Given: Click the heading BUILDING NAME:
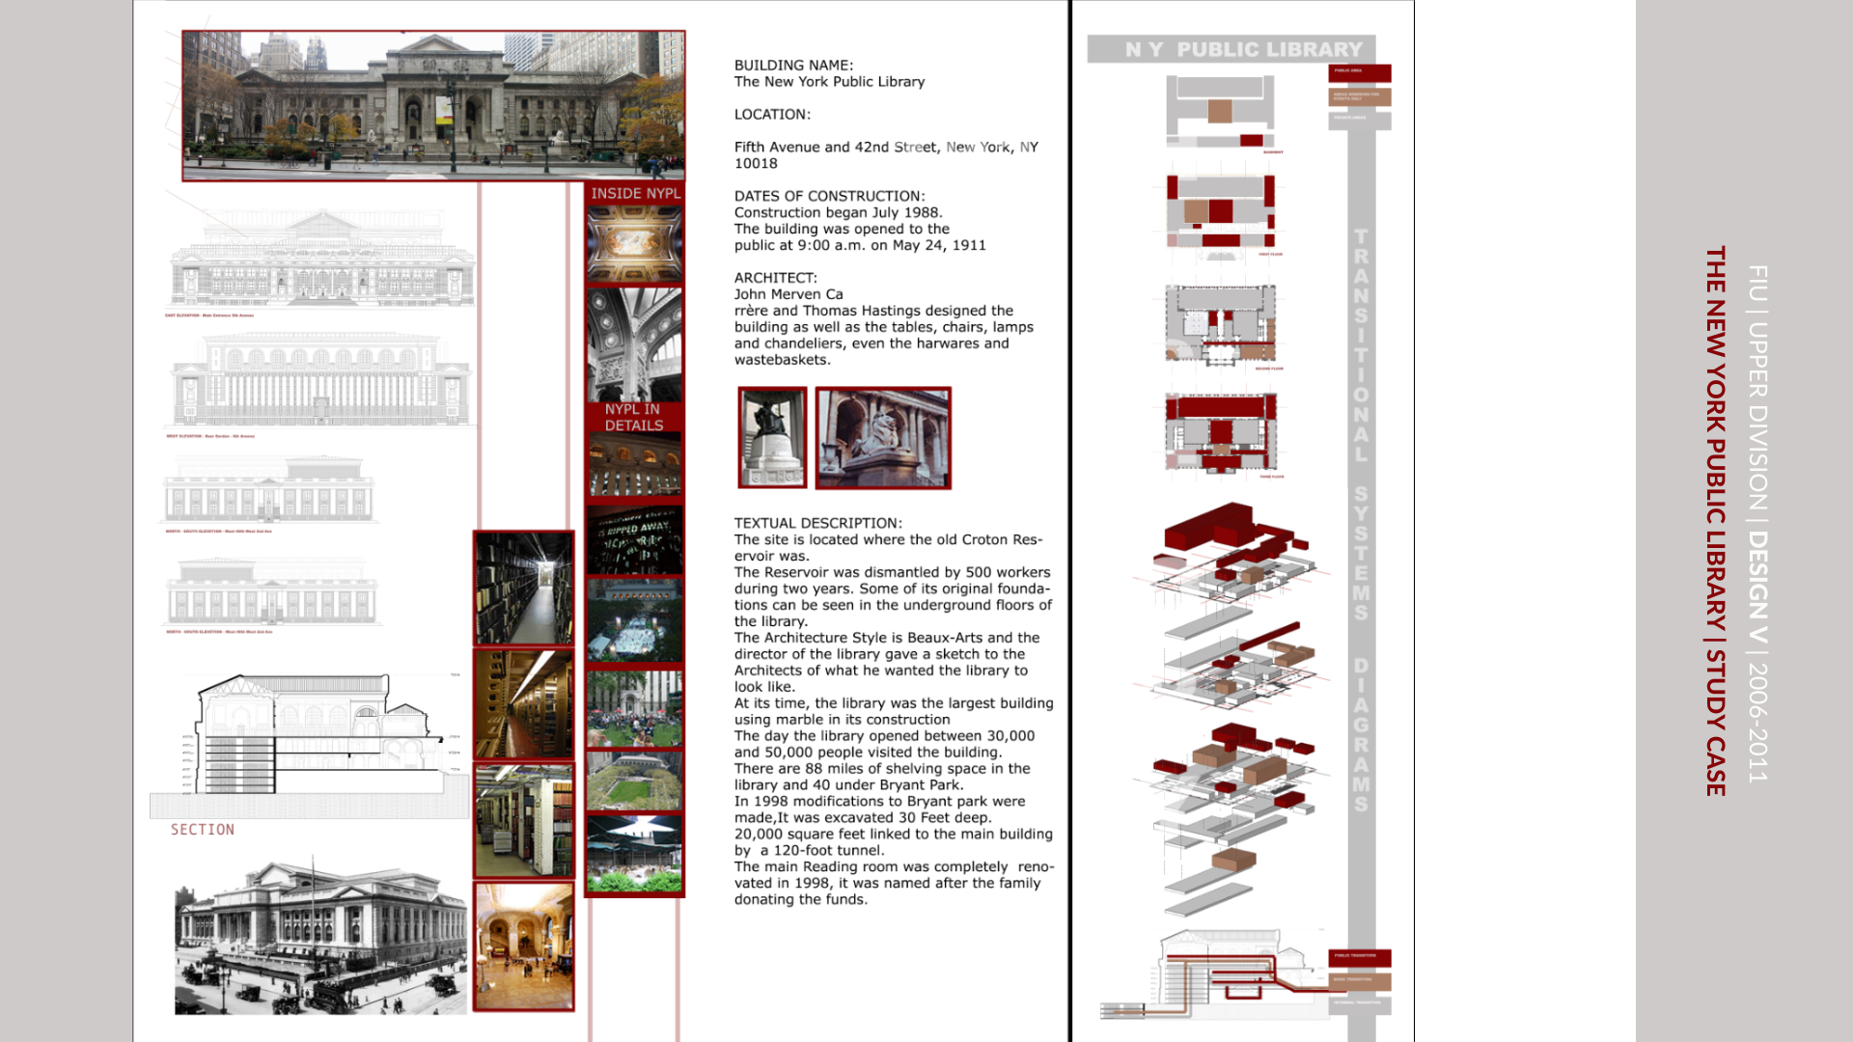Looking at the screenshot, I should pyautogui.click(x=793, y=66).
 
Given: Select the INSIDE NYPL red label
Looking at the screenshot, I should pyautogui.click(x=635, y=193).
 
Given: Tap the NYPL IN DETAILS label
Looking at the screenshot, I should pyautogui.click(x=634, y=417).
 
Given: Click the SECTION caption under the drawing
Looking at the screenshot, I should pyautogui.click(x=203, y=830).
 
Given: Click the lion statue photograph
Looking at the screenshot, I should pyautogui.click(x=883, y=438).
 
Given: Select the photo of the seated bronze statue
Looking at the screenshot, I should pyautogui.click(x=772, y=438).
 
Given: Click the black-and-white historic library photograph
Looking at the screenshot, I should pyautogui.click(x=320, y=934).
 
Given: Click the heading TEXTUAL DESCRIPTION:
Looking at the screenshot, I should pyautogui.click(x=817, y=523).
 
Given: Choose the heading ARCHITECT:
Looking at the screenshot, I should pyautogui.click(x=775, y=278).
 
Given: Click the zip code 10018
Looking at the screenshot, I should pyautogui.click(x=756, y=164).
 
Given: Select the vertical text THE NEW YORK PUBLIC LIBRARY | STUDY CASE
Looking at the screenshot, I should pyautogui.click(x=1715, y=521).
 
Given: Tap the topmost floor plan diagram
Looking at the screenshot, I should pyautogui.click(x=1221, y=110).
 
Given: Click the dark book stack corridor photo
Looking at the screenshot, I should pyautogui.click(x=523, y=588).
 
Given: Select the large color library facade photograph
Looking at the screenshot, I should pyautogui.click(x=433, y=105).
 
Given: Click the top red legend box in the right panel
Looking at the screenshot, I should pyautogui.click(x=1360, y=72).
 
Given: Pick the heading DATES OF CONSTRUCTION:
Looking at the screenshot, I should pyautogui.click(x=829, y=196).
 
